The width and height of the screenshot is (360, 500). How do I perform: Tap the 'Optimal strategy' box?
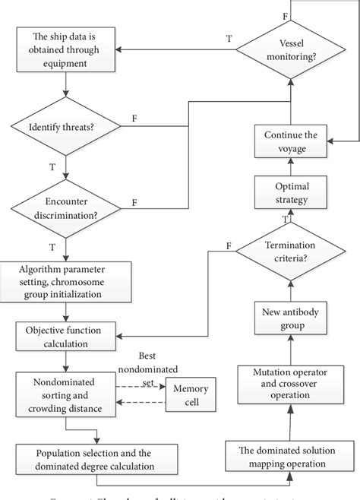pyautogui.click(x=290, y=192)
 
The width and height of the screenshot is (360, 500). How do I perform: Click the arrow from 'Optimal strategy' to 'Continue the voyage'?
pyautogui.click(x=290, y=169)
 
